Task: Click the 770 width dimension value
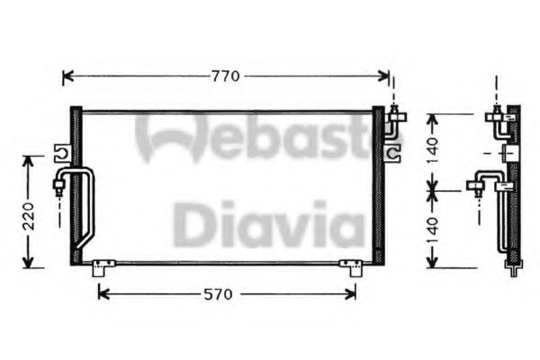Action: pos(226,76)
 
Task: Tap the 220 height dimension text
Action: pos(30,215)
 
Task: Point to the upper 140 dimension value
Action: pos(434,149)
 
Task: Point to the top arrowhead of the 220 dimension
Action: pos(30,159)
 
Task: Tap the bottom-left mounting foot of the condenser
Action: pos(102,266)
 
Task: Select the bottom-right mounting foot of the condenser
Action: pos(350,266)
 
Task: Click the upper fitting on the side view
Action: pos(497,116)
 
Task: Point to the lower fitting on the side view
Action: pos(476,186)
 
